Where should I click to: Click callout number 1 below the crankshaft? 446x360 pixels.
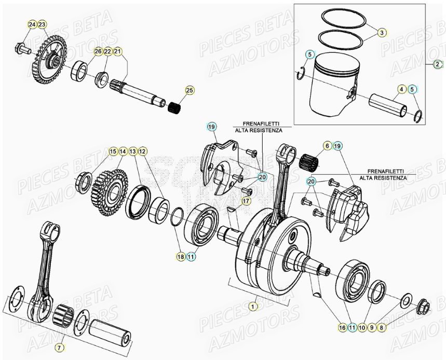pyautogui.click(x=253, y=307)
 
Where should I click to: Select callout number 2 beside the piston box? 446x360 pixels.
pyautogui.click(x=438, y=64)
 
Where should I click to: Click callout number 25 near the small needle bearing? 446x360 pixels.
pyautogui.click(x=190, y=91)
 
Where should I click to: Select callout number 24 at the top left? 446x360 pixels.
pyautogui.click(x=32, y=25)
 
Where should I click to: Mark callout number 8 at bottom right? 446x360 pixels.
pyautogui.click(x=382, y=327)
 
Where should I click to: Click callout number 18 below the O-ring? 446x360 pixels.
pyautogui.click(x=180, y=256)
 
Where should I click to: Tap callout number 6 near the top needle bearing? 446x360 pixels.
pyautogui.click(x=327, y=146)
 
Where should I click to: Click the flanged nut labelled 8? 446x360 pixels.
pyautogui.click(x=423, y=309)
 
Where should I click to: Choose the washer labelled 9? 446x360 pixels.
pyautogui.click(x=406, y=300)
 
